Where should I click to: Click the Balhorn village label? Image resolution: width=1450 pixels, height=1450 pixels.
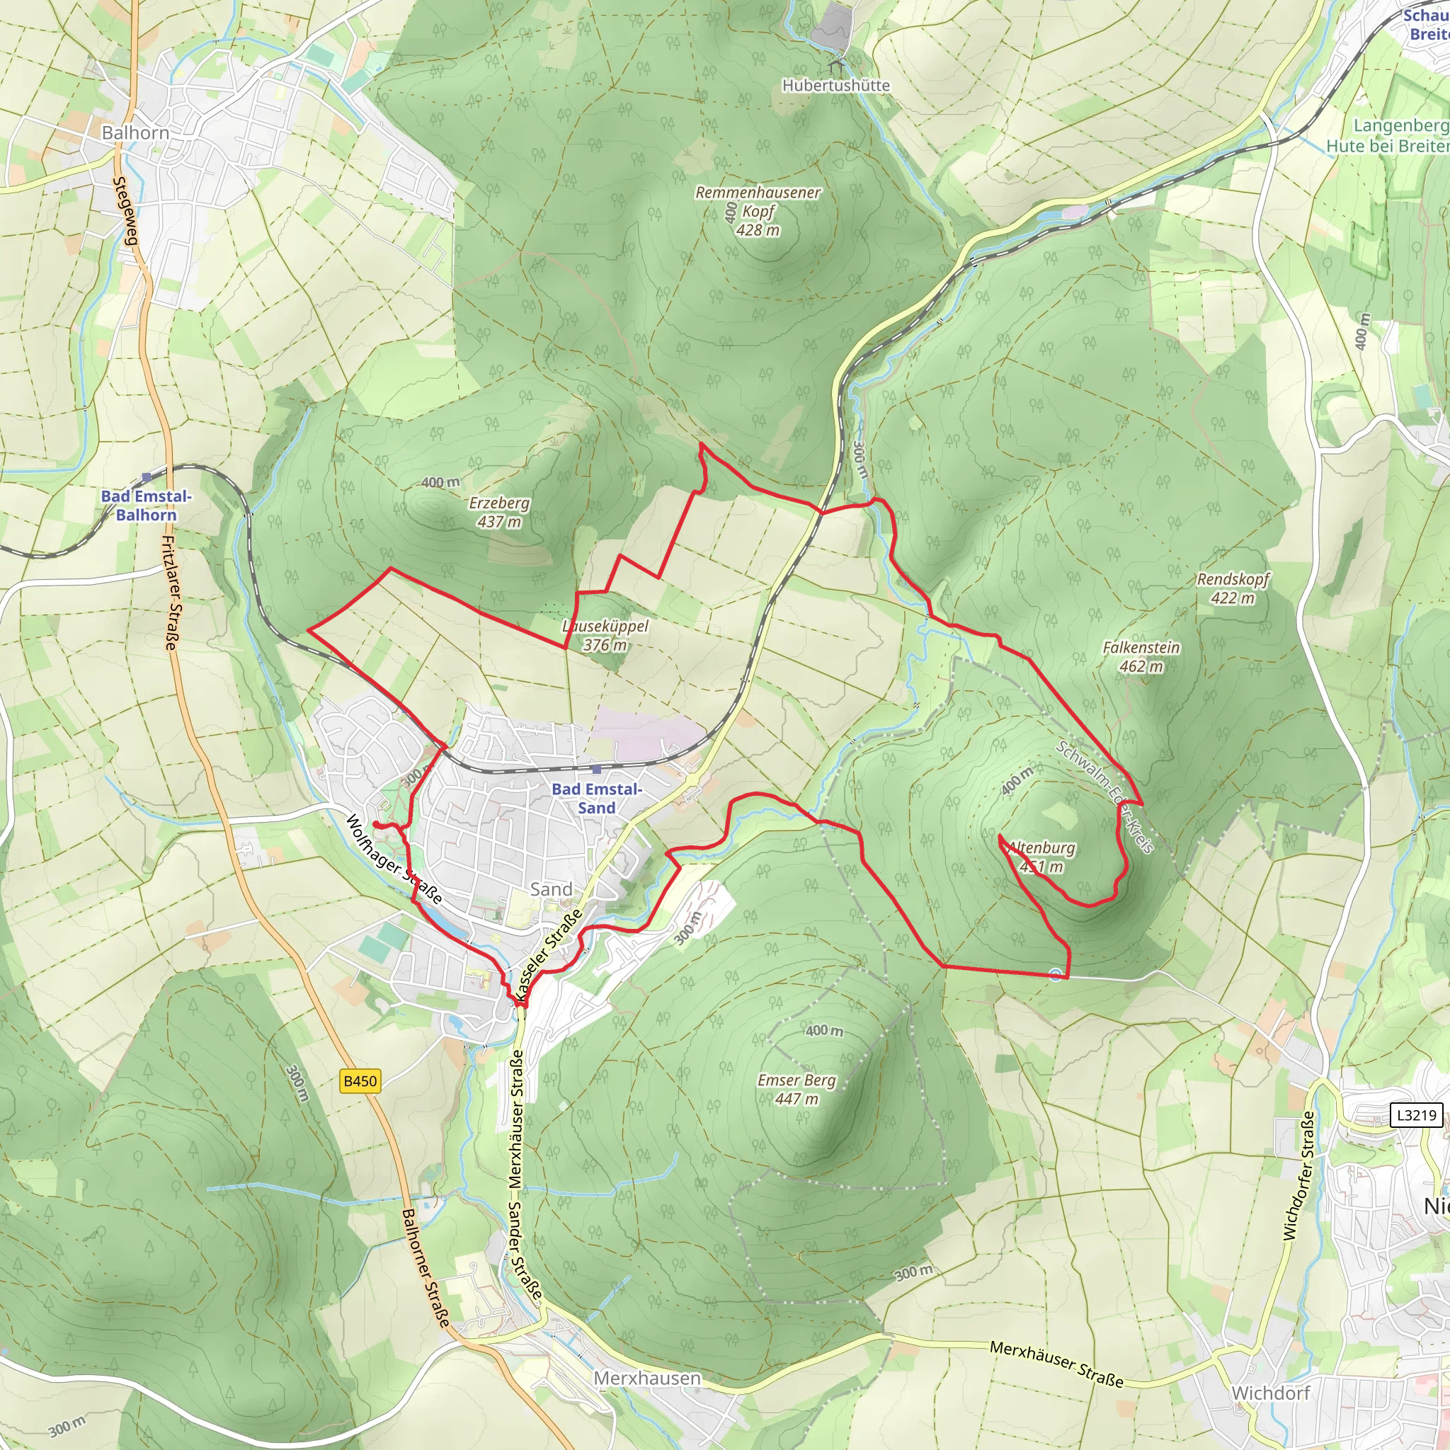coord(135,133)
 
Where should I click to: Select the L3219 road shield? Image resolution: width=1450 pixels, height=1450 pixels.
coord(1415,1114)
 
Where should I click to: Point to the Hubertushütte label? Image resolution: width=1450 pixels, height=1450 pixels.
coord(835,86)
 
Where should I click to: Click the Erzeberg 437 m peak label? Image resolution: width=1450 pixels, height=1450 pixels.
coord(499,512)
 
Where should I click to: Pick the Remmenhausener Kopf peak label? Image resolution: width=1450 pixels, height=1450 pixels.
coord(758,211)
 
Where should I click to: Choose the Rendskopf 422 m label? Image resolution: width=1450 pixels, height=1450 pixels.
coord(1233,588)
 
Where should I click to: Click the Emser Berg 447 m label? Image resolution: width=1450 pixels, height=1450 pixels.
coord(797,1089)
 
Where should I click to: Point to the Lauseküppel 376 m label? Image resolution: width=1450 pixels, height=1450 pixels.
coord(605,635)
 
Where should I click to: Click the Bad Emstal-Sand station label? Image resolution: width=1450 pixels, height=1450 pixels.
coord(597,798)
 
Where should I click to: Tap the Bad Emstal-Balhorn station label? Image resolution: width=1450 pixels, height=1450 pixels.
coord(147,505)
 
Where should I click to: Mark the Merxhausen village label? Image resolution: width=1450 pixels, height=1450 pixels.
coord(647,1378)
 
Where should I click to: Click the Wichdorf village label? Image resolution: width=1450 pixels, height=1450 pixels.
coord(1270,1393)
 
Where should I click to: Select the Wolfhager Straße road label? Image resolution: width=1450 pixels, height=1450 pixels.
coord(392,860)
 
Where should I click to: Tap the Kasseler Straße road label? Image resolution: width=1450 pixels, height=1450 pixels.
coord(549,955)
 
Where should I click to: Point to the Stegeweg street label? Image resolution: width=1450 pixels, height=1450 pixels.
coord(125,211)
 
